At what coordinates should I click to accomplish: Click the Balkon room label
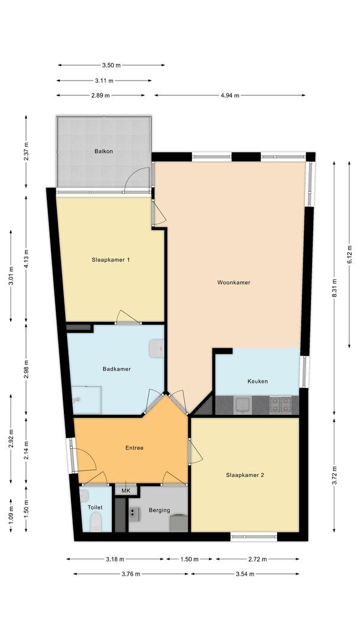click(104, 151)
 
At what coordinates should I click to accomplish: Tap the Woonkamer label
click(234, 282)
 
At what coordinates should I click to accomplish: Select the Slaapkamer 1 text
click(111, 259)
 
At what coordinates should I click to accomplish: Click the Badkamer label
click(117, 369)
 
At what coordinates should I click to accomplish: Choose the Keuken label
click(258, 382)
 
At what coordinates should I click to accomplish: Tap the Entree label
click(134, 448)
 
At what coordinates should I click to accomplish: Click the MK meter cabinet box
click(126, 490)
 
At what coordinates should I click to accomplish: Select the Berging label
click(159, 510)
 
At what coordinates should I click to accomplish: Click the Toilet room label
click(95, 508)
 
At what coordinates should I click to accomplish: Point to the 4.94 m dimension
click(230, 95)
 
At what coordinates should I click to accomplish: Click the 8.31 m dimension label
click(335, 288)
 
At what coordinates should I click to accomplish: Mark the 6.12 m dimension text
click(349, 254)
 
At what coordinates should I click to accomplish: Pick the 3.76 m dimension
click(131, 574)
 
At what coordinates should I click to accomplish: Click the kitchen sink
click(243, 405)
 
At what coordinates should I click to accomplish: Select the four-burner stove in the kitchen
click(280, 405)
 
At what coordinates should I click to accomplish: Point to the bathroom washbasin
click(156, 349)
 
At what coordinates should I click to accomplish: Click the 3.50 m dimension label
click(111, 65)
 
